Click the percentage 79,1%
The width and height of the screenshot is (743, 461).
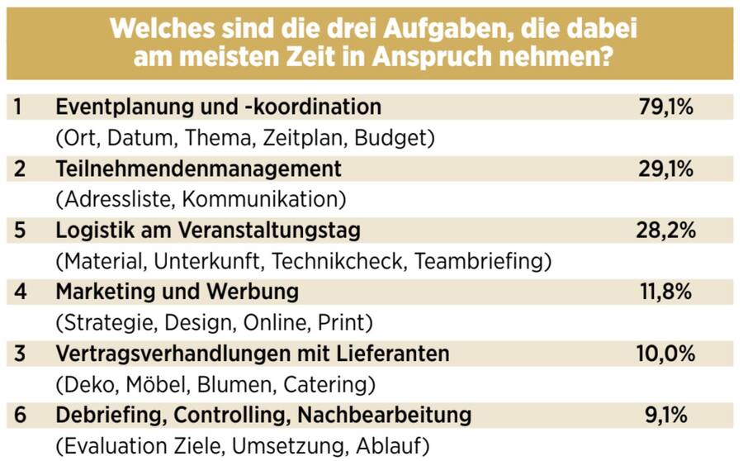click(x=665, y=107)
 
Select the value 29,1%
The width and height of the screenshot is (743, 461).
click(x=665, y=169)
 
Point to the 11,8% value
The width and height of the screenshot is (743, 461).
click(x=665, y=292)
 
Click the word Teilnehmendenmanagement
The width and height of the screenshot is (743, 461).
click(x=198, y=169)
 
